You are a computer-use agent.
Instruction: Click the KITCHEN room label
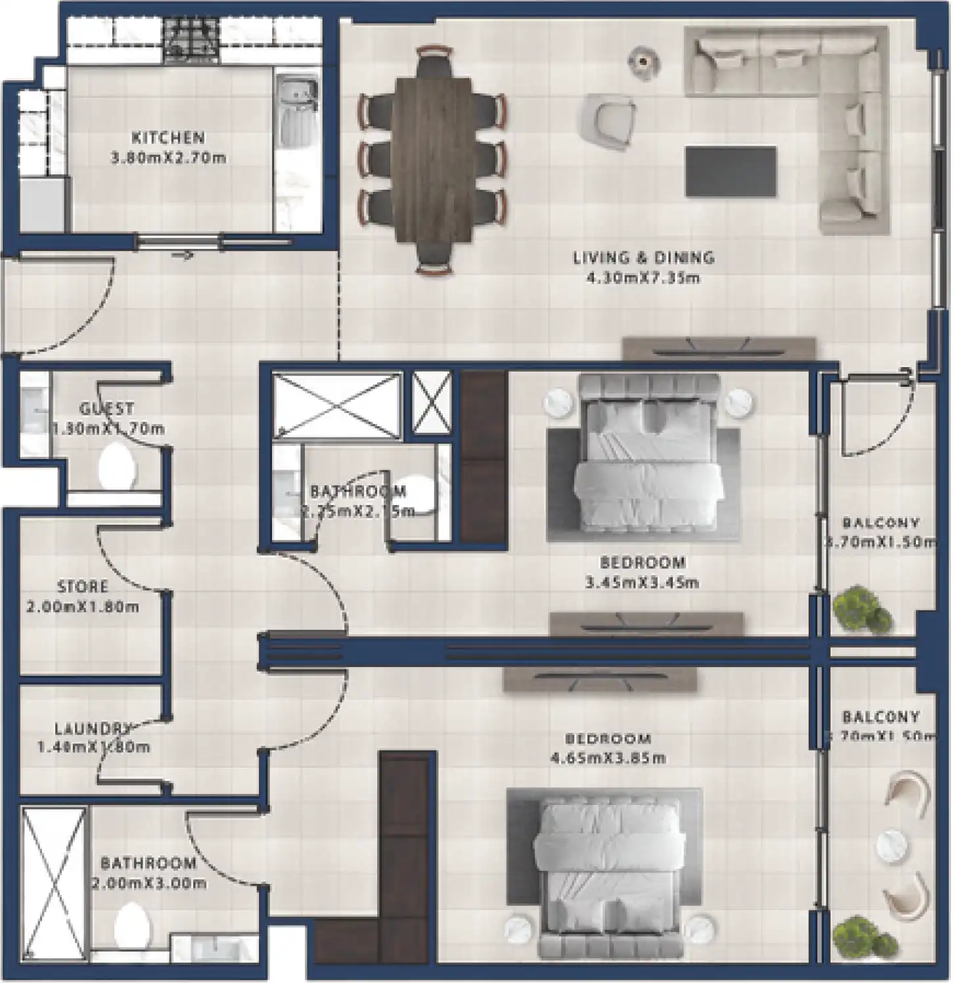[x=168, y=138]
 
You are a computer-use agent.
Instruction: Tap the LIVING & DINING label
[x=643, y=257]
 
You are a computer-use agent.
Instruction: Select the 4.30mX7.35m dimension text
[x=643, y=278]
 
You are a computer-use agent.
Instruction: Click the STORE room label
[x=83, y=586]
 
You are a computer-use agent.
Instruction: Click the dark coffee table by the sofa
[x=730, y=171]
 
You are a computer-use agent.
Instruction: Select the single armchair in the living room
[x=607, y=120]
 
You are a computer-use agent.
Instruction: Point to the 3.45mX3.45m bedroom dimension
[x=641, y=582]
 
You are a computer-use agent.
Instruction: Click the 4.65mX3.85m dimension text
[x=608, y=758]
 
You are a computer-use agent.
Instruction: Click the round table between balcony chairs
[x=891, y=846]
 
